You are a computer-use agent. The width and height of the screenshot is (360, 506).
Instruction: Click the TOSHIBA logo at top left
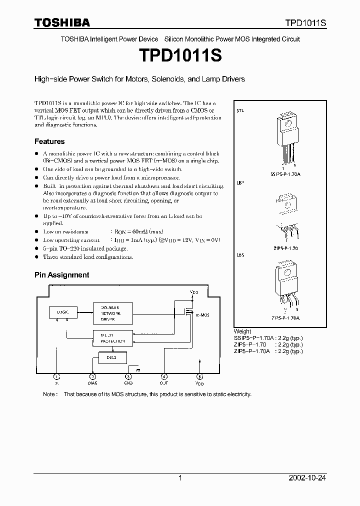[x=62, y=22]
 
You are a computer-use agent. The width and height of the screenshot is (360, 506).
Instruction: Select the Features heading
[x=49, y=141]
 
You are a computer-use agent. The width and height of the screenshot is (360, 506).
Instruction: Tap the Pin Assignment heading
[x=61, y=274]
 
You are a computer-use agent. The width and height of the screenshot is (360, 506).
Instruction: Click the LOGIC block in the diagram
[x=63, y=311]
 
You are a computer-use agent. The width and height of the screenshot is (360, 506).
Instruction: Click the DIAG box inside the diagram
[x=109, y=357]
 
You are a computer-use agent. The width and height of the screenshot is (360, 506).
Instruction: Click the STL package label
[x=240, y=110]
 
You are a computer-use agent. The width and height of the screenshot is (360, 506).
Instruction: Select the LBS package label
[x=240, y=255]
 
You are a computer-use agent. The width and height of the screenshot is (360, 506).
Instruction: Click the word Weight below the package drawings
[x=242, y=331]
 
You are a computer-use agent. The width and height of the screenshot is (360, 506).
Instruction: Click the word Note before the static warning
[x=49, y=394]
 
